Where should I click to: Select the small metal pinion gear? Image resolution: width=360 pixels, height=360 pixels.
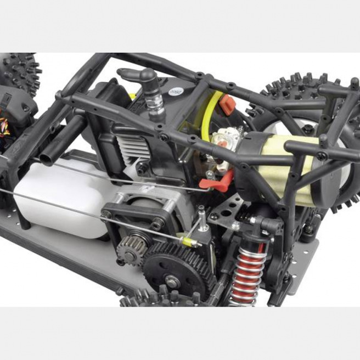(132, 246)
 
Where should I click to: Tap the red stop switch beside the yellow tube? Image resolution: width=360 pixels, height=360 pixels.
(227, 105)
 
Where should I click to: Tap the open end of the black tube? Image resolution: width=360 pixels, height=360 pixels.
(47, 160)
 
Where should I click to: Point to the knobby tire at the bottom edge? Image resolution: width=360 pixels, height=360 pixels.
(159, 299)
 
